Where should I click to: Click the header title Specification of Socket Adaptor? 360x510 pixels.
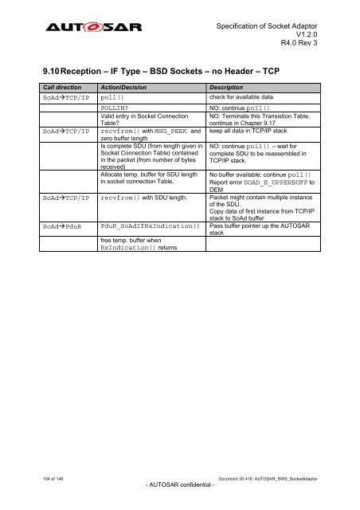(x=272, y=25)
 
